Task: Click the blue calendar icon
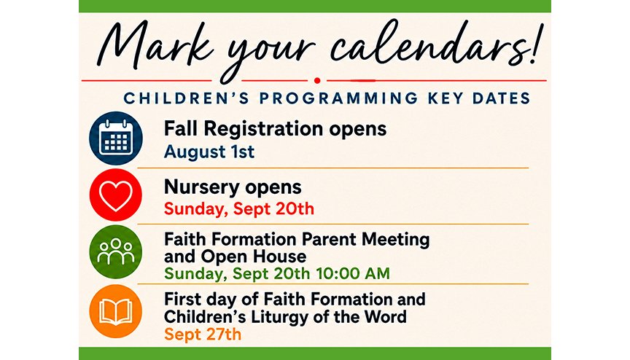coord(116,138)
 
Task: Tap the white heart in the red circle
coord(116,195)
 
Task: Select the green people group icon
coord(116,252)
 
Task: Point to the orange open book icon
coord(116,311)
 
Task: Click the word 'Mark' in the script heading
coord(155,46)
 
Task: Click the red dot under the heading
coord(317,81)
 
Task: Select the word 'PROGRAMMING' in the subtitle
coord(333,98)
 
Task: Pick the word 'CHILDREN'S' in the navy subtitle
coord(187,98)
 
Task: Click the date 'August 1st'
coord(209,152)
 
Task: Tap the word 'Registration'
coord(263,130)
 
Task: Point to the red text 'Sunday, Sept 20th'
coord(239,209)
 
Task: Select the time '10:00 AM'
coord(353,274)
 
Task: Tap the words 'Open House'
coord(254,257)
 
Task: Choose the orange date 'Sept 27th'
coord(203,334)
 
